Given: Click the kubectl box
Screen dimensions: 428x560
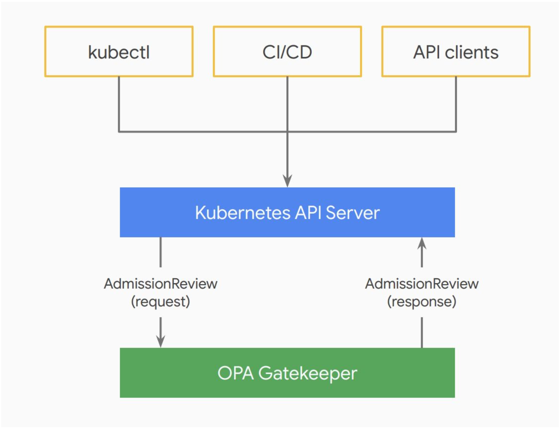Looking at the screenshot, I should click(119, 51).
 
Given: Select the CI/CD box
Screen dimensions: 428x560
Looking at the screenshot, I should click(287, 51).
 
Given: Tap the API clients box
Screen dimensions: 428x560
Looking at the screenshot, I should click(456, 51).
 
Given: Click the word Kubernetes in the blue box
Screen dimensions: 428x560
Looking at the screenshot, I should click(242, 213).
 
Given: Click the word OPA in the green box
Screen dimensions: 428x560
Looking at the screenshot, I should click(236, 373).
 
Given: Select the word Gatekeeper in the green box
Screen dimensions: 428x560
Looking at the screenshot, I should click(308, 373).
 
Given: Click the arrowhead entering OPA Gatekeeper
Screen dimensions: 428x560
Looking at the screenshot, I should click(160, 341).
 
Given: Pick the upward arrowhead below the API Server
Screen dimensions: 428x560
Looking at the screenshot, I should click(422, 244).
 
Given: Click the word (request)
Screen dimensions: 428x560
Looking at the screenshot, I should click(160, 302).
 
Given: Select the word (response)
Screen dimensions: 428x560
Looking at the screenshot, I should click(422, 302).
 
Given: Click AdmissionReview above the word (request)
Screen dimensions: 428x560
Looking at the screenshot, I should click(160, 284).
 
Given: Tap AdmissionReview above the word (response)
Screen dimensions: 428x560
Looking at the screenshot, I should click(422, 284).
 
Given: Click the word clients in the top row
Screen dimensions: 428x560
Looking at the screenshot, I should click(472, 52).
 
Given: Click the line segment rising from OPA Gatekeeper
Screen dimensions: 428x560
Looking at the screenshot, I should click(422, 332).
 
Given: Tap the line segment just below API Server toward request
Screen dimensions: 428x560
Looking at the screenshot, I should click(160, 252).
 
